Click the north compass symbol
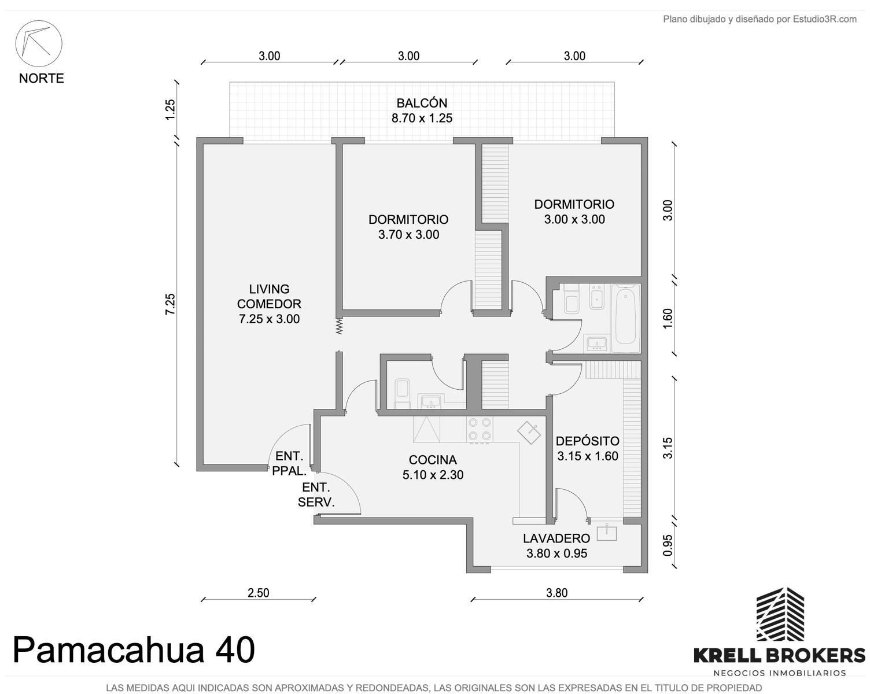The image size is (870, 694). pos(38,43)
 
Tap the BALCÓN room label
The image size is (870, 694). pos(422,103)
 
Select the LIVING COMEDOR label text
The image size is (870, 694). pos(269,296)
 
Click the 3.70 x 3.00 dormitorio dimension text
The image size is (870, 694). pos(409,234)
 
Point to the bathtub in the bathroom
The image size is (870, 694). pos(625,319)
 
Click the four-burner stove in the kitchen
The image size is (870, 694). pos(480,429)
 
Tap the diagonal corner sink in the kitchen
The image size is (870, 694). pos(529,433)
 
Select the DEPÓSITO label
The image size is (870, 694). pos(587,441)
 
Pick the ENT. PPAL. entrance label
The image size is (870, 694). pos(289,463)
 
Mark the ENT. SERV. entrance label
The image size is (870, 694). pos(316,494)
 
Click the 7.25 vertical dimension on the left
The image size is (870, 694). pos(170,304)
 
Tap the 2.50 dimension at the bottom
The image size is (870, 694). pos(259,593)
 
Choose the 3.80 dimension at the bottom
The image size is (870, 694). pos(556,593)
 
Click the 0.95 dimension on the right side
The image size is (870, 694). pos(668,545)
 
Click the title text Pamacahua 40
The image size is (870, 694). pos(134,651)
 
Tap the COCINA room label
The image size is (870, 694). pos(433,460)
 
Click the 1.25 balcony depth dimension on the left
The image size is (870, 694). pos(170,109)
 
